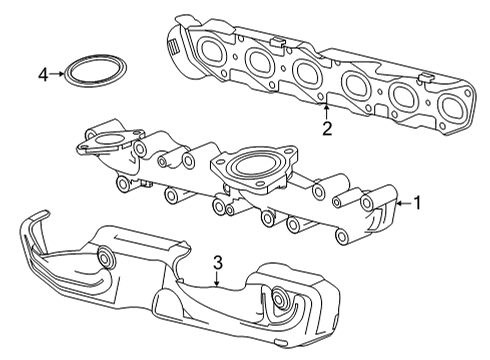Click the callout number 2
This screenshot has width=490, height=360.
pyautogui.click(x=327, y=127)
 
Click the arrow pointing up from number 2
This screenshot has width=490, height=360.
pyautogui.click(x=327, y=108)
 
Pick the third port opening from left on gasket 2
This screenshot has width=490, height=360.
pyautogui.click(x=306, y=71)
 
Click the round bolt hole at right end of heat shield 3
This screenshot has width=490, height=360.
pyautogui.click(x=281, y=299)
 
